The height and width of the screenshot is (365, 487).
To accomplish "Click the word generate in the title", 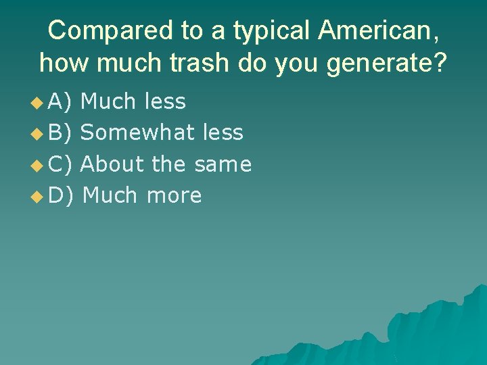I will (x=377, y=64).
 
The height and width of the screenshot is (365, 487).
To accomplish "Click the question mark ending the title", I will (x=440, y=63).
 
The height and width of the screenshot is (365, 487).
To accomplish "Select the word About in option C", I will (x=112, y=164).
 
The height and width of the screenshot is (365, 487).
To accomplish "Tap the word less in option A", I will (x=165, y=102).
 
